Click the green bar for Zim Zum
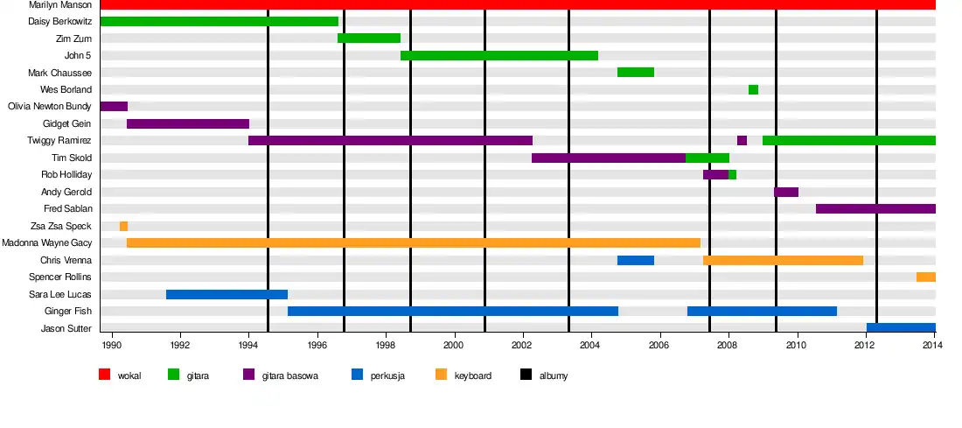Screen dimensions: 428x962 point(368,39)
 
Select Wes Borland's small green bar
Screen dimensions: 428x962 point(753,89)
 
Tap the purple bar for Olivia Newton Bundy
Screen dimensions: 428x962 point(114,107)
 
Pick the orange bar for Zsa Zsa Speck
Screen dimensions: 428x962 point(123,226)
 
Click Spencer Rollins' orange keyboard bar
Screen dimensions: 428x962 point(925,277)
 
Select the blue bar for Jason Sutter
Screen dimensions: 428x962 point(901,328)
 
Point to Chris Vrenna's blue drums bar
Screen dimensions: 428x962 point(636,260)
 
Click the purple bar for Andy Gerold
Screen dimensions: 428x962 point(785,192)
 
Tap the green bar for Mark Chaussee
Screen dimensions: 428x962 point(636,73)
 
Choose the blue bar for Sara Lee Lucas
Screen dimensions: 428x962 point(227,294)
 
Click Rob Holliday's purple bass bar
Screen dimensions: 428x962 point(715,175)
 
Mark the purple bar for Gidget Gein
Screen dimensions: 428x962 point(188,123)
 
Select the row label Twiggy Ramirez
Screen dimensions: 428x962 point(60,141)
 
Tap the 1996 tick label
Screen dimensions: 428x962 point(317,344)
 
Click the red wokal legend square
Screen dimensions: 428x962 point(104,375)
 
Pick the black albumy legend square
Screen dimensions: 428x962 point(526,375)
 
